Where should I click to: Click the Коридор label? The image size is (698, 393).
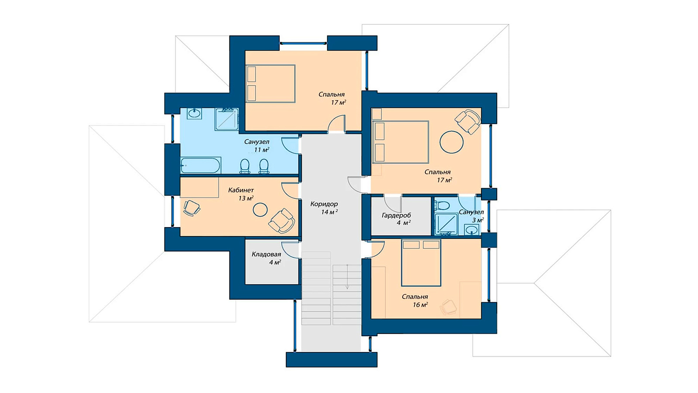[x=324, y=204]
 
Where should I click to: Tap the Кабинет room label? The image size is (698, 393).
[x=241, y=190]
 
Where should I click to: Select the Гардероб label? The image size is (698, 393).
[x=397, y=215]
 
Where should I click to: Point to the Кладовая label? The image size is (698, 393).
[x=266, y=255]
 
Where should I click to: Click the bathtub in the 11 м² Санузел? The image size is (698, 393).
[x=201, y=165]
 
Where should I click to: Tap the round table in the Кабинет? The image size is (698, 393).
[x=260, y=210]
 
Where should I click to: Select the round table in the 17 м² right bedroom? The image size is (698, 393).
[x=452, y=142]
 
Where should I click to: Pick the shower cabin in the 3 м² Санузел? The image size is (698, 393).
[x=446, y=224]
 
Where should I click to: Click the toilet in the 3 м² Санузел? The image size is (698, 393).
[x=441, y=206]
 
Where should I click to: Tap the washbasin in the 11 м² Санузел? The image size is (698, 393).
[x=195, y=114]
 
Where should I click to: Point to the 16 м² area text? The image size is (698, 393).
[x=420, y=305]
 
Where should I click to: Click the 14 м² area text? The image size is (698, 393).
[x=329, y=212]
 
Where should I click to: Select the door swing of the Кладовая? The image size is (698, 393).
[x=290, y=249]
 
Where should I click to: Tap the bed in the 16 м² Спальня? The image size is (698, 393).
[x=421, y=262]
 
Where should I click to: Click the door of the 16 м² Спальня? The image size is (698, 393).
[x=375, y=249]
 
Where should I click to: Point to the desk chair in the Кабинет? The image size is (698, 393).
[x=192, y=208]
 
